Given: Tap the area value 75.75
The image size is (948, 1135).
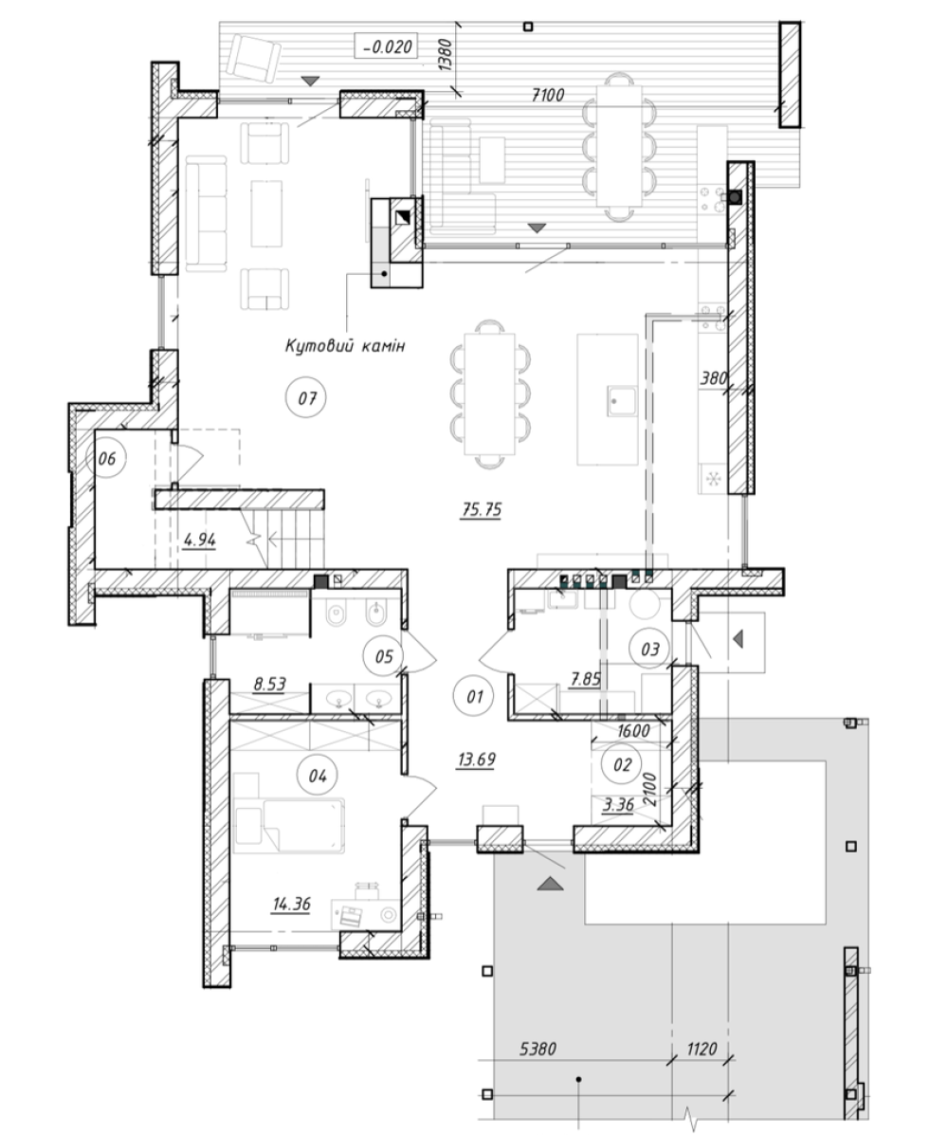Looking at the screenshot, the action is pos(482,509).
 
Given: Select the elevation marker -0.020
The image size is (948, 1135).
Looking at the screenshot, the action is pos(388,46).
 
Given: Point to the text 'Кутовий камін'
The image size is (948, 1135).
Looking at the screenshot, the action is pos(345,346).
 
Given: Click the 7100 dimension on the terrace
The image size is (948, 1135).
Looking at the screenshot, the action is pos(548,95).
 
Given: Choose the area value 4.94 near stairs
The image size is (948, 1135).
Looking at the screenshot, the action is pos(200,540).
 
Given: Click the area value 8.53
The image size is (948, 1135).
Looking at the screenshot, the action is pos(269,684).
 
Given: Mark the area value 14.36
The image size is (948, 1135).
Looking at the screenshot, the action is pos(292,904).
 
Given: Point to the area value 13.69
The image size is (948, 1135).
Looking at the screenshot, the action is pos(476,760).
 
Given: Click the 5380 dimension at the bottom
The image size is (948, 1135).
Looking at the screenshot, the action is pos(538,1048).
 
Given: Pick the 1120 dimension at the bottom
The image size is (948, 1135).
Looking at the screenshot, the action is pos(701,1048).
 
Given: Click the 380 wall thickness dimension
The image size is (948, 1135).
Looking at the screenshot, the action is pos(714,377).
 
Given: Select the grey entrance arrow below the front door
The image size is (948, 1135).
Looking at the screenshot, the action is pos(550,883).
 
